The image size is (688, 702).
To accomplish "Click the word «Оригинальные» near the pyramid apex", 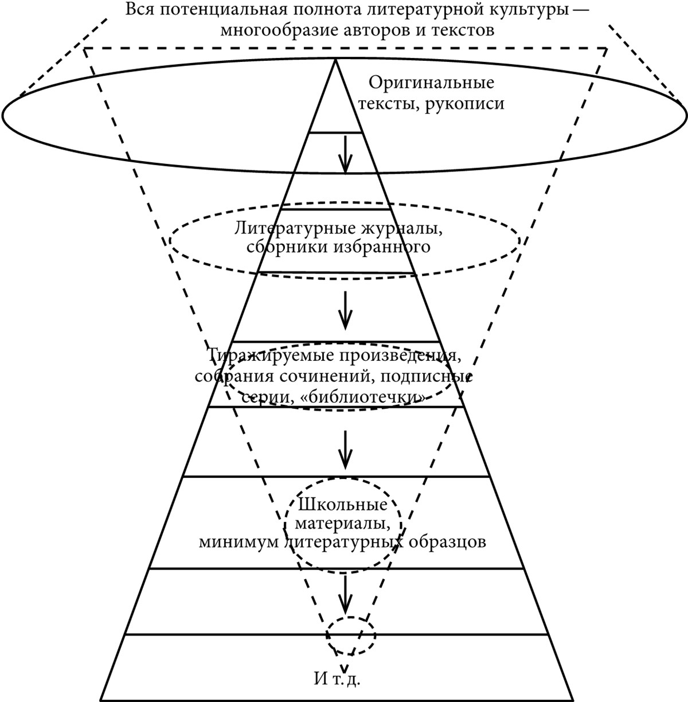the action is coord(431,83).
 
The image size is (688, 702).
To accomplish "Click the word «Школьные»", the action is coord(343,505).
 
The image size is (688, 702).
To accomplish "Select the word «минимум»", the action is coord(239,543).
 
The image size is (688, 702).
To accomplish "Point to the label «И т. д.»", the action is coord(337,679).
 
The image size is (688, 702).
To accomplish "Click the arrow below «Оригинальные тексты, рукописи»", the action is coord(345,154).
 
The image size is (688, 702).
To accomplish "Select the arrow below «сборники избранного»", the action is coord(345,310).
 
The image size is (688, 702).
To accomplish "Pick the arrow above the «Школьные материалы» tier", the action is coord(345,450).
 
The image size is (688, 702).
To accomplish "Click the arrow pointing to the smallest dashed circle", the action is coord(345,595).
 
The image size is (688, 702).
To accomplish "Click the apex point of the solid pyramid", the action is coord(335,60).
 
